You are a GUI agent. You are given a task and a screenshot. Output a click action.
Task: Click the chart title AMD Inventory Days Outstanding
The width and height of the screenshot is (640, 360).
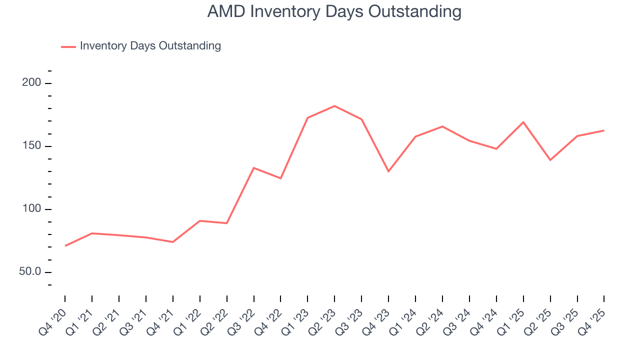(x=334, y=11)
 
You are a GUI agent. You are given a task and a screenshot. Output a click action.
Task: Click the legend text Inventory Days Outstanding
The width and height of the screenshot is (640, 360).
(x=150, y=46)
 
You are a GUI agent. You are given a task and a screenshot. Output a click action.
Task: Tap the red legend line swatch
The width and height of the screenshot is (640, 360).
(x=68, y=46)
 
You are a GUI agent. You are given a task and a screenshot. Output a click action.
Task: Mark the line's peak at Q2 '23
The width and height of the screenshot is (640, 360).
(x=334, y=106)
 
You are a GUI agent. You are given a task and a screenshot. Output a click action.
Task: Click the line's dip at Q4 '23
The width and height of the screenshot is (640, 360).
(x=388, y=171)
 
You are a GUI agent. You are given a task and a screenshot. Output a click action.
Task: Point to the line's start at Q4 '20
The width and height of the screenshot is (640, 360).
(x=65, y=246)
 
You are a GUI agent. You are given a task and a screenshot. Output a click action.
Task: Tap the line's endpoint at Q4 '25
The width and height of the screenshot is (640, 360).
(x=604, y=130)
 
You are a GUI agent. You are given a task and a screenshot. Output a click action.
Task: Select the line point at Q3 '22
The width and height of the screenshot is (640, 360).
(x=254, y=167)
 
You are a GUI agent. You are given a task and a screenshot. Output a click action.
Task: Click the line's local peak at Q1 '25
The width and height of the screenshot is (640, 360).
(x=523, y=122)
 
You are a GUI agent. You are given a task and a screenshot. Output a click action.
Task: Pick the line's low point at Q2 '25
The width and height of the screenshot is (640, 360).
(x=550, y=160)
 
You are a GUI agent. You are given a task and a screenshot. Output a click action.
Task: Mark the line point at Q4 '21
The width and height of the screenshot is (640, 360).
(x=173, y=242)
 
